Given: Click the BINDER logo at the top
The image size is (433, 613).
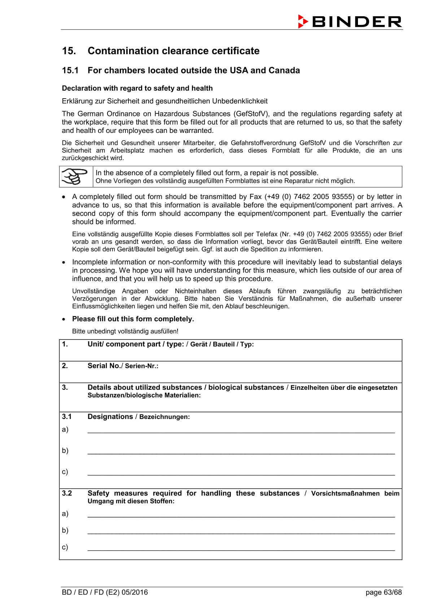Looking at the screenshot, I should [350, 22].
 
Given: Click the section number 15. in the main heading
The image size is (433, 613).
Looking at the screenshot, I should [69, 51].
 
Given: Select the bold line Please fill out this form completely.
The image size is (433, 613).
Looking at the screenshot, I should [133, 319].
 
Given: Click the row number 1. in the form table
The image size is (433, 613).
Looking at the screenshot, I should [65, 344].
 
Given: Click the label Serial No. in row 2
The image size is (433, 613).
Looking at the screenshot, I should [104, 366].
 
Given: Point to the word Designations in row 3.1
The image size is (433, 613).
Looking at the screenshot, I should [110, 417].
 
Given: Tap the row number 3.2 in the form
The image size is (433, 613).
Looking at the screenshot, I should [67, 493].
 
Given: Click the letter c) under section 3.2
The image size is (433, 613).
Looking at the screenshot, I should [65, 547].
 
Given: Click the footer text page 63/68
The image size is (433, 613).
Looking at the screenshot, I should [384, 592].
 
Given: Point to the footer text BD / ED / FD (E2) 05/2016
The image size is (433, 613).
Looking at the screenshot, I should [105, 592].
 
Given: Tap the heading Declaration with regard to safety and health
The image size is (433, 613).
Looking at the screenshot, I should [137, 89].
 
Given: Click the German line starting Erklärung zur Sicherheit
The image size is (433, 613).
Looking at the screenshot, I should [165, 101].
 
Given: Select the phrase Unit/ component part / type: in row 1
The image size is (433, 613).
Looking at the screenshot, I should [136, 344].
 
